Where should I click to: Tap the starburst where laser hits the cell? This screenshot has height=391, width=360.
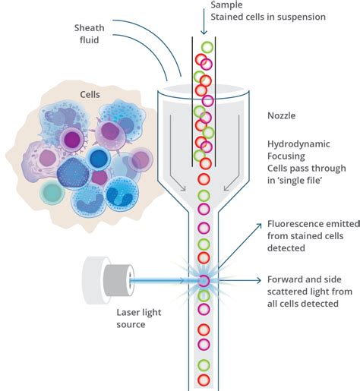click(x=204, y=281)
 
